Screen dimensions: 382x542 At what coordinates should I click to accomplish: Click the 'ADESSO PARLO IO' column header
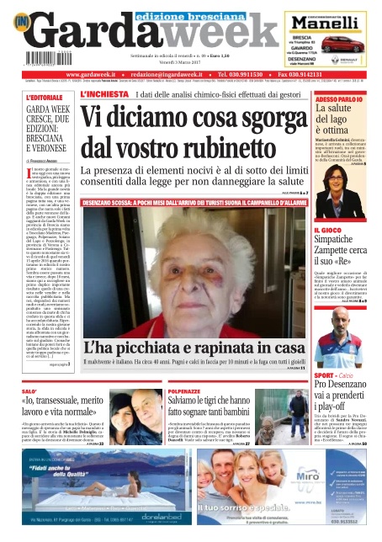338,99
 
